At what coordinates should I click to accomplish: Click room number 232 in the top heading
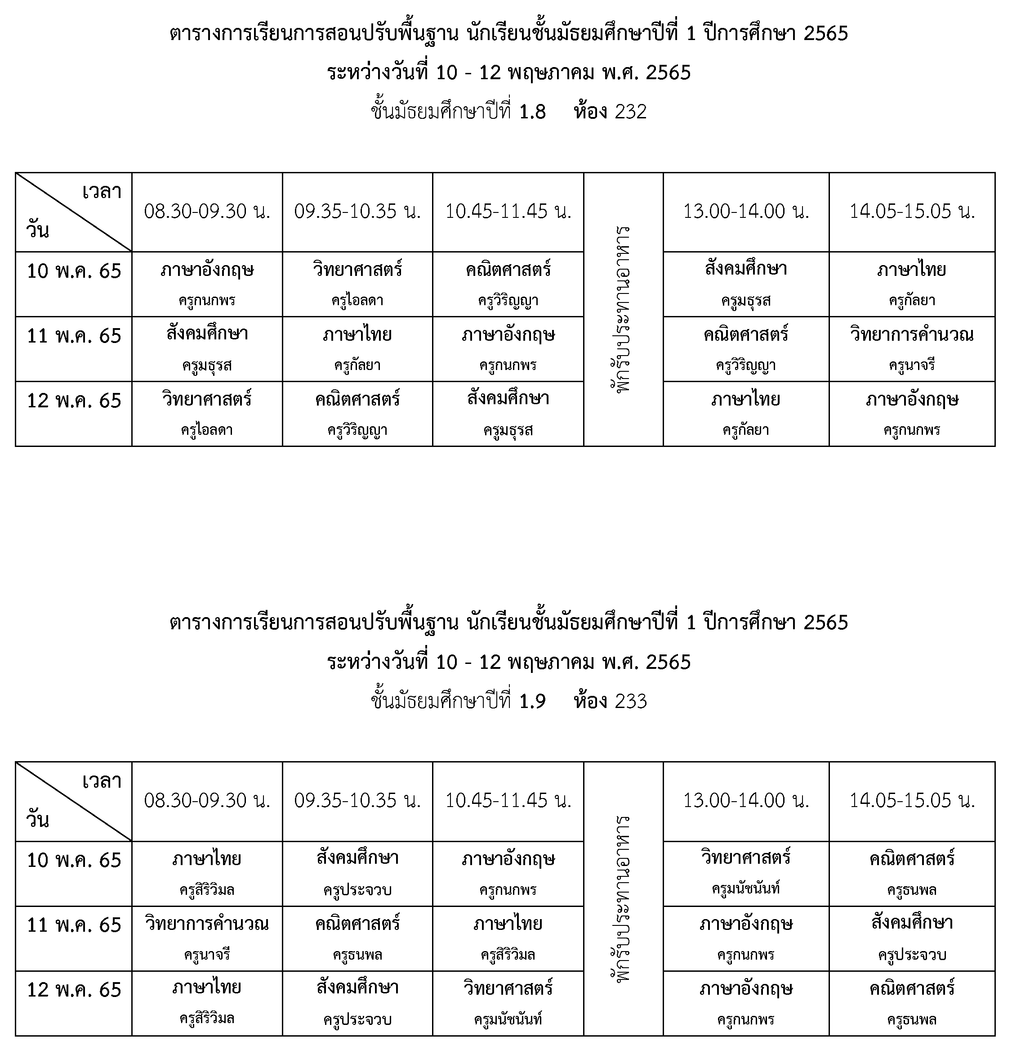(x=631, y=112)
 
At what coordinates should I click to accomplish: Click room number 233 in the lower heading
(x=631, y=701)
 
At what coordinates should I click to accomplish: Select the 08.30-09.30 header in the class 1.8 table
(x=207, y=211)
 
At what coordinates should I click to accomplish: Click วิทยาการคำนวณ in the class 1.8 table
(x=912, y=334)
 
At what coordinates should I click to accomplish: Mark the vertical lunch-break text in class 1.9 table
(x=623, y=899)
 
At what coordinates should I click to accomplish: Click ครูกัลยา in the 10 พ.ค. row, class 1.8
(x=912, y=300)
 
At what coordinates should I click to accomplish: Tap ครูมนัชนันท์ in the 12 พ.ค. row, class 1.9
(x=508, y=1019)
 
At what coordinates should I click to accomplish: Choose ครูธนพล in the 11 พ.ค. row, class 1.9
(x=357, y=955)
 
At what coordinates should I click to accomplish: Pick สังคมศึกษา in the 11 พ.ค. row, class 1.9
(x=912, y=923)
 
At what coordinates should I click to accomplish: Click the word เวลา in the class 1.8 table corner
(x=102, y=191)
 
